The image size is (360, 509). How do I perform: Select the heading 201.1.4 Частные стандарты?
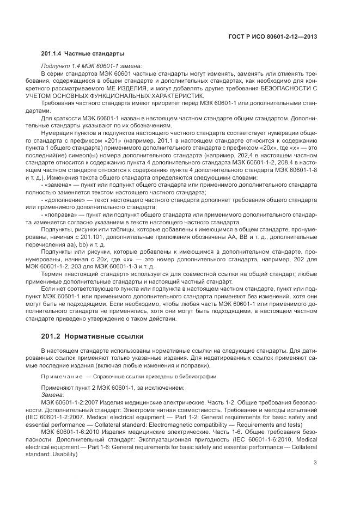coord(83,53)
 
